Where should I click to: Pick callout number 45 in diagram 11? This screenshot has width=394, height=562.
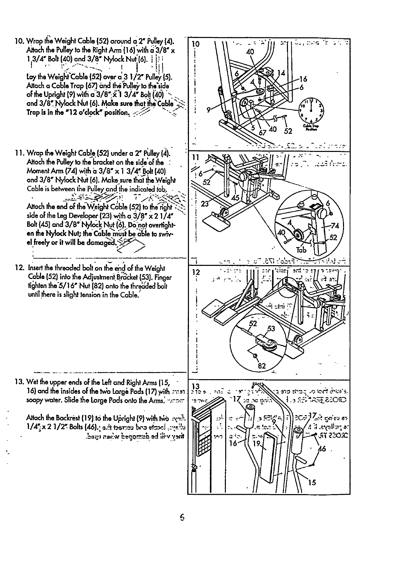click(235, 198)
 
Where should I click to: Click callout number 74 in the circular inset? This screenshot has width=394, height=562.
click(336, 226)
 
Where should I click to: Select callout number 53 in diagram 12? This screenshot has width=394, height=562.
click(271, 329)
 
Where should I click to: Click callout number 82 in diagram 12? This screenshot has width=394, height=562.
click(262, 366)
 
